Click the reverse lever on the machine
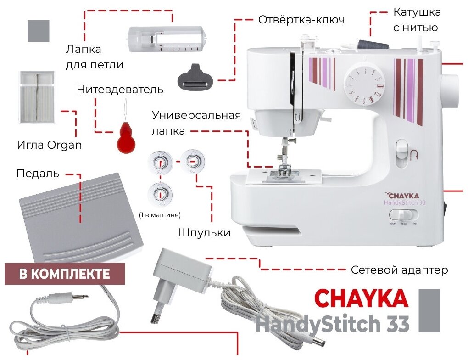401,153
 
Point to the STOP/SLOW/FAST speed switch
403,215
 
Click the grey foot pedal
81,218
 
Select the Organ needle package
37,97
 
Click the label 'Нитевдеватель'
120,90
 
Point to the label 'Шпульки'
204,232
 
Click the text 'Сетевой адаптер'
399,270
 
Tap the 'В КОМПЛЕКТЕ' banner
65,274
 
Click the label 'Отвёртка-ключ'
301,20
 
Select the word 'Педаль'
38,174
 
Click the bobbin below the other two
160,194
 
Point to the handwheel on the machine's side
450,91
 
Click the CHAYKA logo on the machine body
402,196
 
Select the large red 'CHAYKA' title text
361,298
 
